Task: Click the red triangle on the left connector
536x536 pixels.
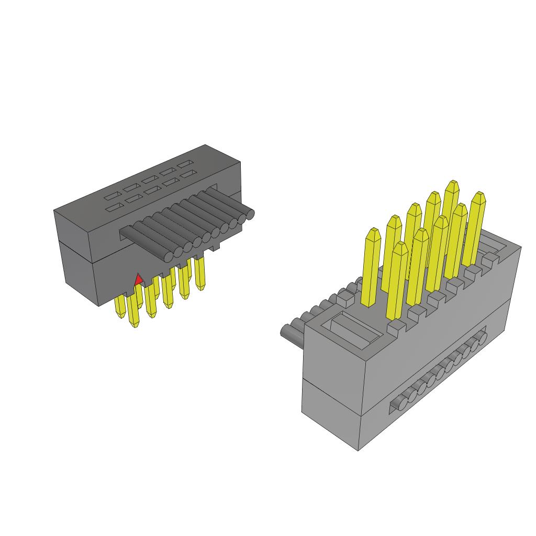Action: tap(138, 280)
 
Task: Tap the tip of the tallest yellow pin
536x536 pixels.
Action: tap(452, 184)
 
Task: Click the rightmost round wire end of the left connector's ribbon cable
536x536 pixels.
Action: tap(250, 213)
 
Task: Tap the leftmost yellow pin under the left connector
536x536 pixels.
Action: tap(120, 308)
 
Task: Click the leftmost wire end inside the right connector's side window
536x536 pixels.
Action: tap(400, 403)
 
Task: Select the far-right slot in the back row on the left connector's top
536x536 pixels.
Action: tap(185, 164)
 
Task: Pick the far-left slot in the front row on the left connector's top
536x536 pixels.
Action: tap(111, 209)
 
